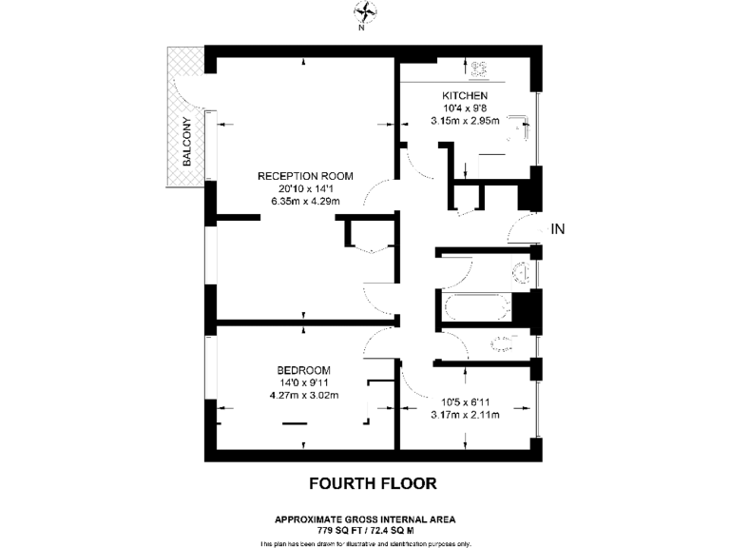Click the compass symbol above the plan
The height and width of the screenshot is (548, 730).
tap(364, 11)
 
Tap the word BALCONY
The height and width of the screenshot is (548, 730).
tap(187, 142)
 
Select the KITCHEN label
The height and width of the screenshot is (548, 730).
tap(465, 97)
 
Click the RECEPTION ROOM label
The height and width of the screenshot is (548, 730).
tap(305, 175)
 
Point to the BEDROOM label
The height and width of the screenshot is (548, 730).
tap(303, 370)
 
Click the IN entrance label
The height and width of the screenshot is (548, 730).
tap(558, 228)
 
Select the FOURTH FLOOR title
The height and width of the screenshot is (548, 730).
tap(373, 483)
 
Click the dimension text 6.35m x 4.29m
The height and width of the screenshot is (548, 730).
tap(305, 201)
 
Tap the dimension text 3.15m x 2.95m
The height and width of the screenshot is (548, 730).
tap(465, 122)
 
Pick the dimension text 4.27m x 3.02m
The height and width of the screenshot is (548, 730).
tap(303, 395)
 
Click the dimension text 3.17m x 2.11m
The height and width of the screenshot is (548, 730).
tap(465, 415)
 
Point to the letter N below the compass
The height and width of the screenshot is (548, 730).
tap(362, 28)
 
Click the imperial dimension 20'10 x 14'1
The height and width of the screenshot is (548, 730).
tap(305, 188)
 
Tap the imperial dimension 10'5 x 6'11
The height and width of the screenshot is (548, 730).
tap(465, 401)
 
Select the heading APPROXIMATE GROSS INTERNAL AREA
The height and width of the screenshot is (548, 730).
tap(365, 519)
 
